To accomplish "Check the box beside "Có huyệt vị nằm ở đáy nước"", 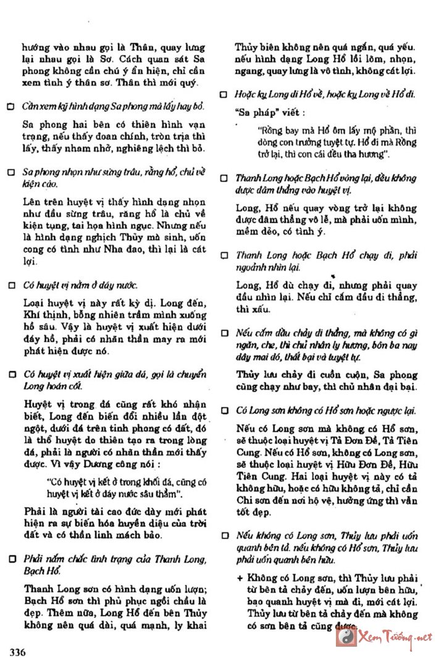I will pos(10,286).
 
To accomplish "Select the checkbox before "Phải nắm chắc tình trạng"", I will pos(10,559).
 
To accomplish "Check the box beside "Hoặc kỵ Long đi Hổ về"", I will pos(225,94).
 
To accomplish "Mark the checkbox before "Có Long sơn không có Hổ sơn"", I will pos(225,410).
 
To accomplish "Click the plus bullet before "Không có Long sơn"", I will pos(240,578).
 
